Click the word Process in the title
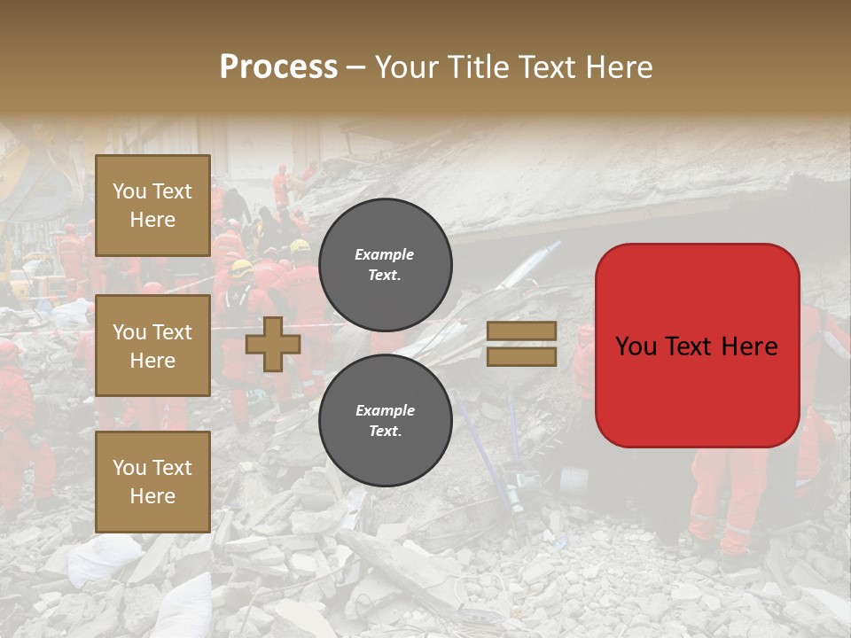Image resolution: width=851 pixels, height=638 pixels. pyautogui.click(x=278, y=67)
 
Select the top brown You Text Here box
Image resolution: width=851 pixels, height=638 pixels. pyautogui.click(x=152, y=206)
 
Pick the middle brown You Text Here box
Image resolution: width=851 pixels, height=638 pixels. pyautogui.click(x=152, y=346)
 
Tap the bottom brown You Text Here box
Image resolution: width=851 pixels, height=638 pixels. pyautogui.click(x=152, y=481)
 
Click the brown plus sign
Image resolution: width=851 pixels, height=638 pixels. pyautogui.click(x=273, y=344)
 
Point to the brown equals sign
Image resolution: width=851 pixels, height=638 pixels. pyautogui.click(x=521, y=344)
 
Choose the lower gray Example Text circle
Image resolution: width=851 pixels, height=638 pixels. pyautogui.click(x=385, y=420)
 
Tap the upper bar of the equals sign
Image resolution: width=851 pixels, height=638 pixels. pyautogui.click(x=521, y=331)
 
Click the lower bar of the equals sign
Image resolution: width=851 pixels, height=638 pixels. pyautogui.click(x=521, y=356)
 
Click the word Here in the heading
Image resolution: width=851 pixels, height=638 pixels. pyautogui.click(x=619, y=67)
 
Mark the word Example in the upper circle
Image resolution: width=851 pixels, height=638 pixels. pyautogui.click(x=385, y=254)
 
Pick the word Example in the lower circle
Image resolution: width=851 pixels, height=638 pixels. pyautogui.click(x=385, y=410)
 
